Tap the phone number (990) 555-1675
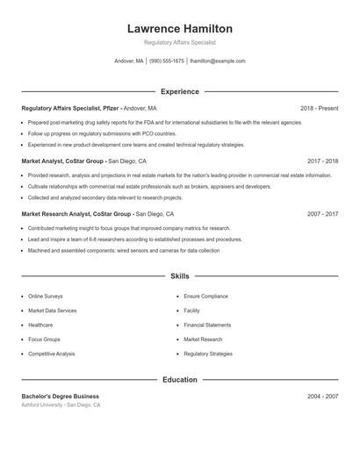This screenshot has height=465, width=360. (x=167, y=61)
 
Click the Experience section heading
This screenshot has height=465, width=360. (x=179, y=91)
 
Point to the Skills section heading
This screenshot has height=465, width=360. (x=179, y=275)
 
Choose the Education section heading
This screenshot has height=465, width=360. (x=179, y=380)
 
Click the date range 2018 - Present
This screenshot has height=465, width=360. (x=319, y=108)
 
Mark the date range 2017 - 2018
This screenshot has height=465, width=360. (x=322, y=161)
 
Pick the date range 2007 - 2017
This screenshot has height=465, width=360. (x=322, y=214)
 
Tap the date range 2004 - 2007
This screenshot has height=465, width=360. (x=322, y=397)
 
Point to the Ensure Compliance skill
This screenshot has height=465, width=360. (x=205, y=297)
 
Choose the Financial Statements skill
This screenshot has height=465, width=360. (x=208, y=325)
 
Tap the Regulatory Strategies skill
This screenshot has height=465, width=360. (x=208, y=354)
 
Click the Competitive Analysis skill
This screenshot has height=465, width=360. (x=52, y=354)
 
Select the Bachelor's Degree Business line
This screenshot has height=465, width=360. (x=61, y=397)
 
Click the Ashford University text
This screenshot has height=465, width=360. (x=44, y=405)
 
